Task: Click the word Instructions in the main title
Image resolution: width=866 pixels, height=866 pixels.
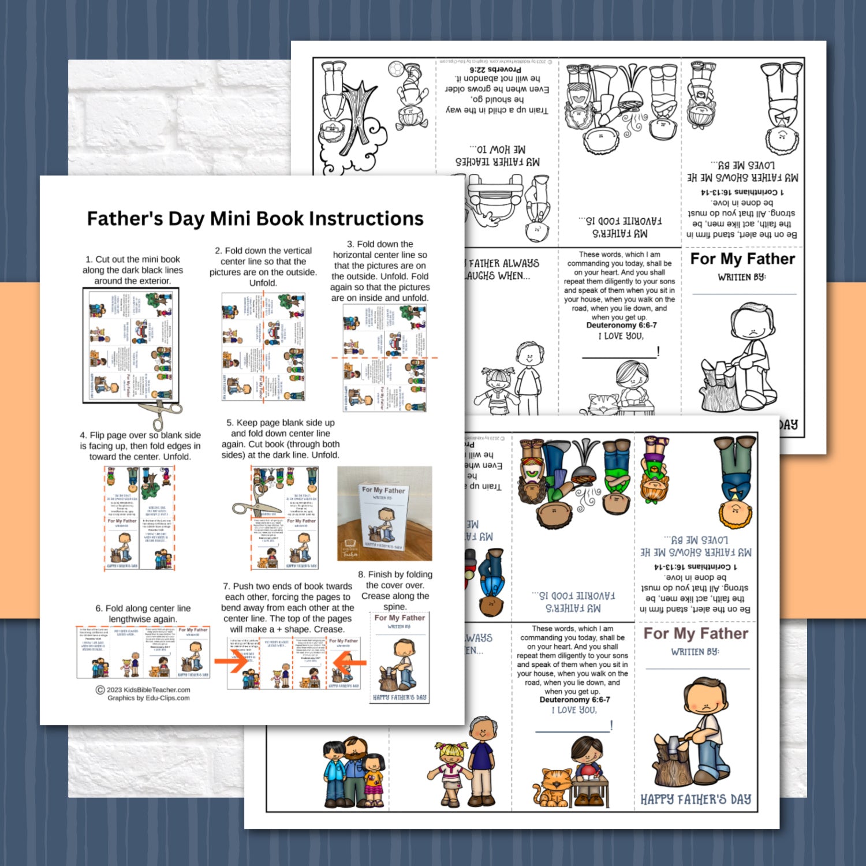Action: pos(366,219)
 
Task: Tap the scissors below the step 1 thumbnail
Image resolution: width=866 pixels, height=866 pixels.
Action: pos(159,412)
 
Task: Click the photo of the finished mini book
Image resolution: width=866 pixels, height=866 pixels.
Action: pos(385,513)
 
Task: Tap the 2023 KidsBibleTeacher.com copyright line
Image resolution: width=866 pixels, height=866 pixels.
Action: pos(143,689)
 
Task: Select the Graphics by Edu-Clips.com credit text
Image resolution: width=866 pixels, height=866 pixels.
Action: pos(148,698)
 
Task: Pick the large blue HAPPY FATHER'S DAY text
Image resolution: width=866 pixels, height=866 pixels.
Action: pos(696,800)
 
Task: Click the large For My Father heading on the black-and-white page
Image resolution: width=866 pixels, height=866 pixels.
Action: pos(742,259)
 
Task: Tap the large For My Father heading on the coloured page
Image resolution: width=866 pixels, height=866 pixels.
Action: pos(696,633)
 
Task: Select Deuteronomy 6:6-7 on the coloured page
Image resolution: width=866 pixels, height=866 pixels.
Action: pos(574,699)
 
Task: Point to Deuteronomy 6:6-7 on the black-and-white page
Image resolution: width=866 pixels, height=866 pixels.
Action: pos(621,325)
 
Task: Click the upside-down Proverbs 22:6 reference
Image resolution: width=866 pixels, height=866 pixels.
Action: pos(495,69)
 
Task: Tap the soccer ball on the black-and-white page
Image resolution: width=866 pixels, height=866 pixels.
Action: pos(395,69)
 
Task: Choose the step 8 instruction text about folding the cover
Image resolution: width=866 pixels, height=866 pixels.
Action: pos(395,590)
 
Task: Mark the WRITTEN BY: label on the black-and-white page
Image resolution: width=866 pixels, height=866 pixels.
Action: pos(741,277)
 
